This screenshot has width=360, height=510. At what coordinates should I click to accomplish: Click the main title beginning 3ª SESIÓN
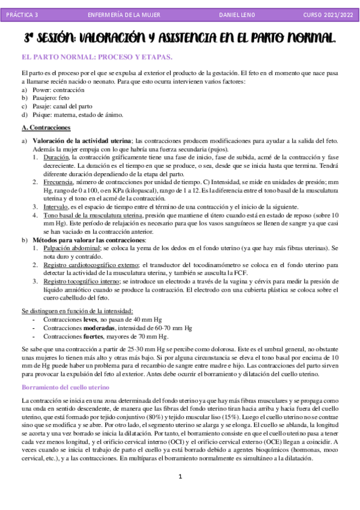(x=180, y=38)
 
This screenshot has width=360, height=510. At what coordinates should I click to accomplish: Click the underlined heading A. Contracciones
(x=46, y=127)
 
